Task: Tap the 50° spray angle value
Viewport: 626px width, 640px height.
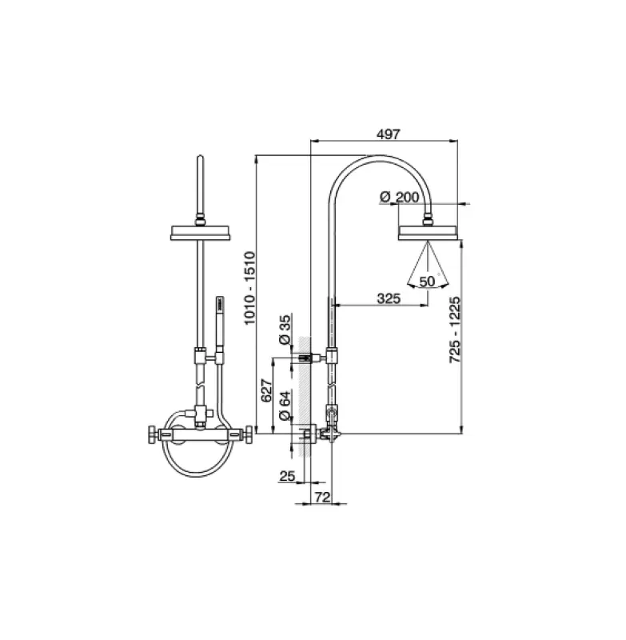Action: (x=428, y=281)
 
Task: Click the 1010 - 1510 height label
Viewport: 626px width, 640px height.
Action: (x=249, y=289)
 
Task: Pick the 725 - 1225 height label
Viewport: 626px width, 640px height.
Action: (x=455, y=332)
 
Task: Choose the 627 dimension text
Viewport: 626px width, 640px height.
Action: (x=268, y=390)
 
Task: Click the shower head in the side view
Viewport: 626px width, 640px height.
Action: (x=428, y=233)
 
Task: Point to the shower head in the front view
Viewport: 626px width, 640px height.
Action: (x=200, y=233)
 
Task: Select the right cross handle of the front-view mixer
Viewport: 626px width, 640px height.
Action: (x=249, y=436)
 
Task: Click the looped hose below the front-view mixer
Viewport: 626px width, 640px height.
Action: (x=200, y=464)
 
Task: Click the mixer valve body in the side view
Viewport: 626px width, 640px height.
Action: (x=329, y=433)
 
